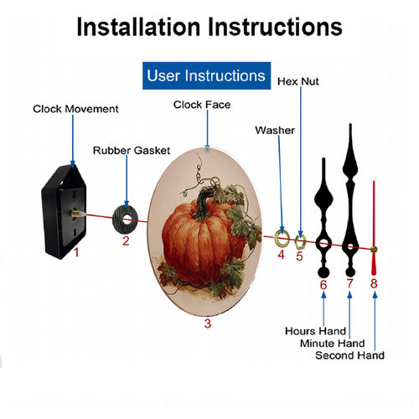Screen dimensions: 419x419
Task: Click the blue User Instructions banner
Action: coord(206,75)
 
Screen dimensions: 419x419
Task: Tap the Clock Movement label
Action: coord(75,109)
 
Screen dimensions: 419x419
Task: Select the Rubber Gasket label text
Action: coord(132,150)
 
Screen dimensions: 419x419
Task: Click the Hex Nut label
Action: coord(298,81)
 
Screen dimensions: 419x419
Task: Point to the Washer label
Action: coord(275,130)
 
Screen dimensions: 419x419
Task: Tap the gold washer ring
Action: coord(277,238)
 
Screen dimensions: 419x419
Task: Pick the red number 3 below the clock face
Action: coord(207,323)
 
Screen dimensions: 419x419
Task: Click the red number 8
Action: coord(374,283)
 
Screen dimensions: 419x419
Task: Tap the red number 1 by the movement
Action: coord(76,252)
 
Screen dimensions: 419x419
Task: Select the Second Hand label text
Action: coord(349,355)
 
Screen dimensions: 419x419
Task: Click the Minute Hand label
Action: coord(333,343)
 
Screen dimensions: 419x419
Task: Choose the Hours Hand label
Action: coord(315,331)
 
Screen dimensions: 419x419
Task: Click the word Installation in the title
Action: coord(138,27)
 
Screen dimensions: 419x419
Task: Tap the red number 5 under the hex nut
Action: coord(299,256)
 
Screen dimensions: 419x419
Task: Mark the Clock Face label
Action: coord(202,105)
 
